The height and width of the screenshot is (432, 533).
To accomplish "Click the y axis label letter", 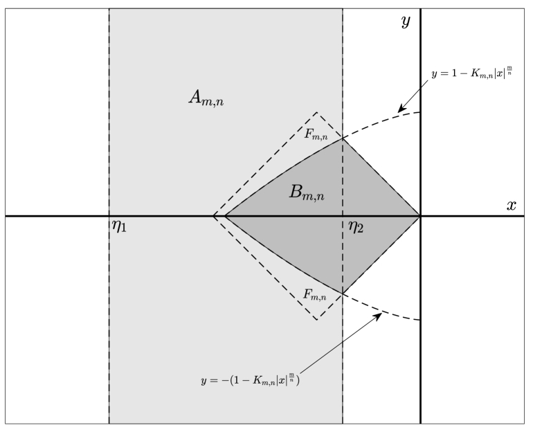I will (406, 21).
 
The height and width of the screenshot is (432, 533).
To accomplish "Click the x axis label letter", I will (512, 206).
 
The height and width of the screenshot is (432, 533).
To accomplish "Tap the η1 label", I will (119, 226).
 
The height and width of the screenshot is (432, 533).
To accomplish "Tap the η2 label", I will (356, 226).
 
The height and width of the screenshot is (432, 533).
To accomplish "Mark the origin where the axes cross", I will (420, 216).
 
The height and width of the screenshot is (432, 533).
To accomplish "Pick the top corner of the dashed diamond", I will (317, 112).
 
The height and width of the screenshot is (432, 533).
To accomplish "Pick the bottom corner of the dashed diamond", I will (317, 320).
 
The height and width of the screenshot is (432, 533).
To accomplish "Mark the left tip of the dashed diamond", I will (213, 216).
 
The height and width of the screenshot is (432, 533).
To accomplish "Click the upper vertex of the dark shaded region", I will (343, 139).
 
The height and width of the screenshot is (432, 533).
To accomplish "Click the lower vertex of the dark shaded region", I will (343, 293).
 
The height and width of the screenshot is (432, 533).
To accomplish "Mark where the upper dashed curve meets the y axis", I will (420, 111).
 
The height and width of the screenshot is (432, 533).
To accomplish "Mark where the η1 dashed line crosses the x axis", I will (109, 216).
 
